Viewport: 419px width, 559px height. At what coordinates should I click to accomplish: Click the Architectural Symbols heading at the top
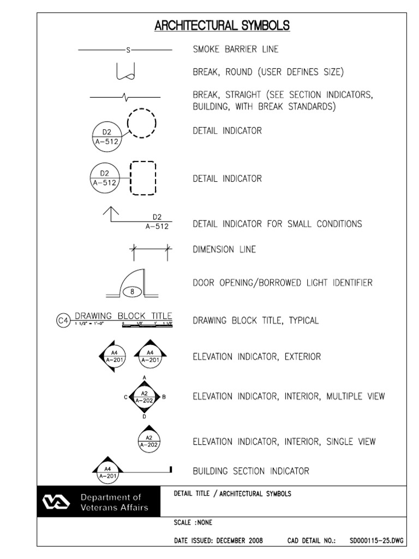[222, 26]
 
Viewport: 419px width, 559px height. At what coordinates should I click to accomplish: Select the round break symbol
[125, 71]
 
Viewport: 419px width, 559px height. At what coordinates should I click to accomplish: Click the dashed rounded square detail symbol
[142, 178]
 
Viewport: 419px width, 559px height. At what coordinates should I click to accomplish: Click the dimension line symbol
[150, 249]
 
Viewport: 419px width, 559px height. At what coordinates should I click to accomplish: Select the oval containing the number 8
[133, 292]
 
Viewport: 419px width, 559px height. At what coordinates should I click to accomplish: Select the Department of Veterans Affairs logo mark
[57, 503]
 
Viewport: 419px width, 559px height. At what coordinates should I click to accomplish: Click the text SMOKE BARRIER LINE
[236, 50]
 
